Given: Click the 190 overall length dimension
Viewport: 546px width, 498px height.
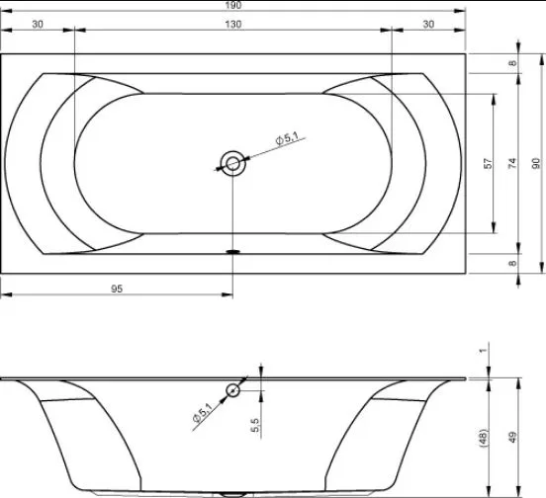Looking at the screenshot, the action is pos(233,5).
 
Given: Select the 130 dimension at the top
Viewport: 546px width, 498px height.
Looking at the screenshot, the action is pos(233,24).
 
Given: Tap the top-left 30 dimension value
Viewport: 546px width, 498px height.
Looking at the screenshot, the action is pos(38,24).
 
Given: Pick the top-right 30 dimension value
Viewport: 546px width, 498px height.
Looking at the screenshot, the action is pos(428,24).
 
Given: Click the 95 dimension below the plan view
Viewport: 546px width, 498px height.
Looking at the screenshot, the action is pos(117,289).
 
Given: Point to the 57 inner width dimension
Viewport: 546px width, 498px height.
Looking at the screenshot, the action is pos(489,163).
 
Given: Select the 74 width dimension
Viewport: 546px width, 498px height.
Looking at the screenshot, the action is pos(512,163).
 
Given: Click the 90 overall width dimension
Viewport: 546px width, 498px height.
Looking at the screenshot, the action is pos(536,163).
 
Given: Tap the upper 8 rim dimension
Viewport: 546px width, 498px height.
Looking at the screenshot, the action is pos(512,63).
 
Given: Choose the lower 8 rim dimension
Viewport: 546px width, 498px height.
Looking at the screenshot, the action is pos(512,263).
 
